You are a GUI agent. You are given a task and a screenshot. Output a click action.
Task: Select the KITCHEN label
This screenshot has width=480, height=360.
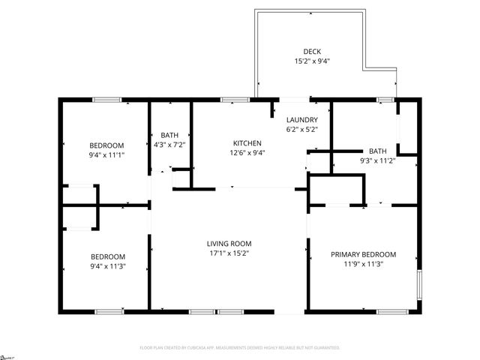pos(247,142)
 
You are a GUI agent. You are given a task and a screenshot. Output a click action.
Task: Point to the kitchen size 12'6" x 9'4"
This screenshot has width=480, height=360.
pos(247,153)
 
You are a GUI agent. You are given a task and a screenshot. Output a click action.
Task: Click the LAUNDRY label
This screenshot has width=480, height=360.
pos(302,119)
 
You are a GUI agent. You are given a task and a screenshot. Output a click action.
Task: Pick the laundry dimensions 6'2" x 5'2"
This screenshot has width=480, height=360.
pos(302,130)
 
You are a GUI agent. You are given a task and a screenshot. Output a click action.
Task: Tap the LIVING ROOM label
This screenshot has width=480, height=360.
pos(229,243)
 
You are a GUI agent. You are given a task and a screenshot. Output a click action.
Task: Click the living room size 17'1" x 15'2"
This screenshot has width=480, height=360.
pos(229,253)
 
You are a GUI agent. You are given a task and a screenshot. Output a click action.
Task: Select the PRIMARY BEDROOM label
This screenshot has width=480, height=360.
pos(363,254)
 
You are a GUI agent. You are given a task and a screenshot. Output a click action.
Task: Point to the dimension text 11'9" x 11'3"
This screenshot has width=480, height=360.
pos(363,265)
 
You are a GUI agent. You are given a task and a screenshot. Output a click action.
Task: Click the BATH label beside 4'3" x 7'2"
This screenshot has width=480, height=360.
pos(169,135)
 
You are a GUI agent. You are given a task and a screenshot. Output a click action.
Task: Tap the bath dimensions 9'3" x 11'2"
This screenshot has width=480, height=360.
pos(377,161)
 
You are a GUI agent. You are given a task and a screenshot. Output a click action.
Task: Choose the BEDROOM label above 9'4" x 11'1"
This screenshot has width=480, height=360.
pos(106,145)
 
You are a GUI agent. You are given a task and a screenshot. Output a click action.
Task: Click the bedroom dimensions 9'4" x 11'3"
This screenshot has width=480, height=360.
pos(107,266)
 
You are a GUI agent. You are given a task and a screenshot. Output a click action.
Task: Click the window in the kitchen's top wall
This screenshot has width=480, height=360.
pos(235,99)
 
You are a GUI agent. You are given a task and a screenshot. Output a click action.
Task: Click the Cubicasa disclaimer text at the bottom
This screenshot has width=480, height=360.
pos(240,348)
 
